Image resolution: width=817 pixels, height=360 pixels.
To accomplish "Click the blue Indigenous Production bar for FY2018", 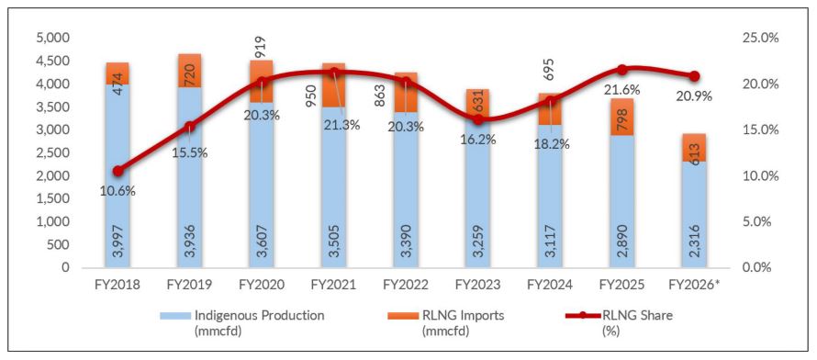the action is click(x=117, y=176).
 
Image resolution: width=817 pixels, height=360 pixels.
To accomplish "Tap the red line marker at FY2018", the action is click(x=118, y=171).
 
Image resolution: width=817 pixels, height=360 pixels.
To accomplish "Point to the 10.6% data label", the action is click(x=118, y=191).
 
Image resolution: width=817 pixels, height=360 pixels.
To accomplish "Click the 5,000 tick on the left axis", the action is click(x=53, y=39).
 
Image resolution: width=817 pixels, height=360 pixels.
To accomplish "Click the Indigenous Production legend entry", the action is click(x=242, y=322).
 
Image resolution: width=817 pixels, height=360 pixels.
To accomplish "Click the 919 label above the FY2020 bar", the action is click(x=261, y=46).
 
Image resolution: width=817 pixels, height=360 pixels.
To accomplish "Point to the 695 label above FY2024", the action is click(x=552, y=68).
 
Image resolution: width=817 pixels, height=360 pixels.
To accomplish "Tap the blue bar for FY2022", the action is click(x=405, y=190).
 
